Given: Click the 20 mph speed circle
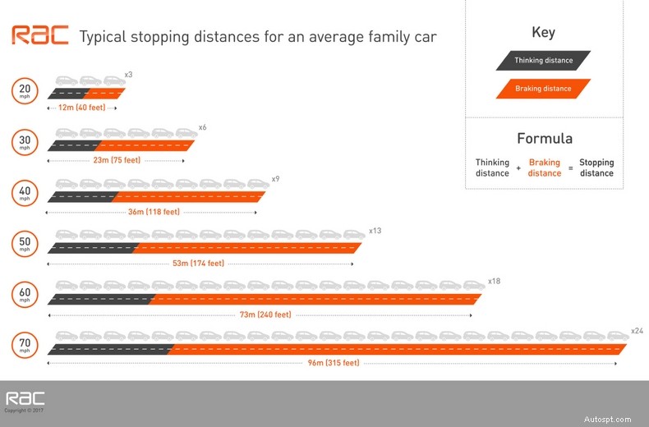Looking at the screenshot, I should (25, 91).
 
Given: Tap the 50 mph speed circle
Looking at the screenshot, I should (25, 244).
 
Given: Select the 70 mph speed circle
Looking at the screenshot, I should (25, 345).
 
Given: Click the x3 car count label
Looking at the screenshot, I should (128, 75).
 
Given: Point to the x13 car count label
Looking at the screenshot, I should (375, 231).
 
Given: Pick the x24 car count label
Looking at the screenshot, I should (637, 330).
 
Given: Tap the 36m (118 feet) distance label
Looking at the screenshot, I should (154, 212).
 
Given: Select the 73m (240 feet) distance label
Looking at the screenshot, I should (264, 315).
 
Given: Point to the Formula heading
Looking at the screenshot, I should (544, 138).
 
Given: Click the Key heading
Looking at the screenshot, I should (543, 33).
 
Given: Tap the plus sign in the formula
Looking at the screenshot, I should (518, 168).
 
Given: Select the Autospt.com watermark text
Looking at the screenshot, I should (609, 419).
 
